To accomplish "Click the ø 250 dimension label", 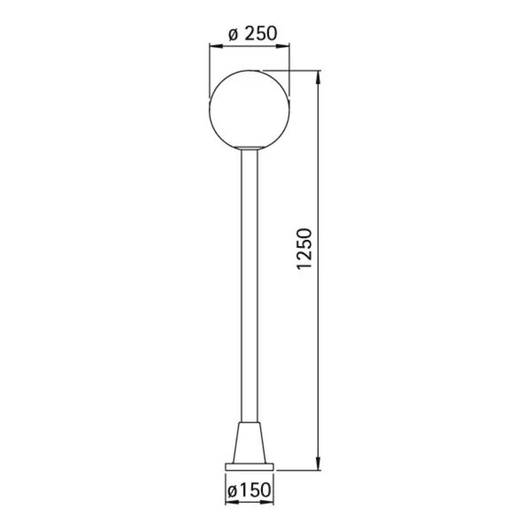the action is coord(252,34).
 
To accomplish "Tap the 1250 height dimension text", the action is coord(304,249).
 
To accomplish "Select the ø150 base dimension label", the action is coord(250,489).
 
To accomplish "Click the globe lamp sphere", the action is coord(250,110).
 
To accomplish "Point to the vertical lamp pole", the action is coord(250,286).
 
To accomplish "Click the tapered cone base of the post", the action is coord(250,442).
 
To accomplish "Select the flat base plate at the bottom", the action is coord(250,467).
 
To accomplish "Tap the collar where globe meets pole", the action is coord(250,148).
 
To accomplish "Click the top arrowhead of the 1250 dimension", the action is coord(318,77).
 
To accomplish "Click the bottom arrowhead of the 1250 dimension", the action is coord(318,464).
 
